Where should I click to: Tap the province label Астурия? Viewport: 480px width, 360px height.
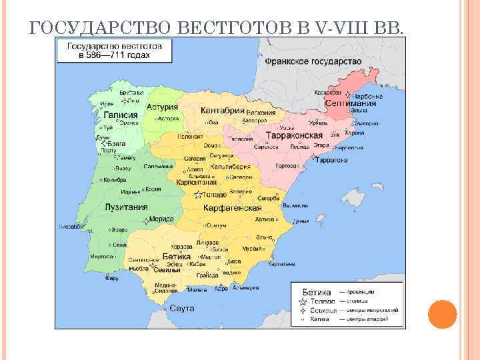(163, 107)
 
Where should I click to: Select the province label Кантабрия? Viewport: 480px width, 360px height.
(223, 110)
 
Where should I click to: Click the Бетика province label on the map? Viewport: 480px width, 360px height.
(177, 256)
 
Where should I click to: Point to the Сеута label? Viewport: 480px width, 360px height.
(182, 308)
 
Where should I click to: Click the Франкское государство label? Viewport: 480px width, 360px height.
(313, 61)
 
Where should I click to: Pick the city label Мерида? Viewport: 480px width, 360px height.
(161, 219)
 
